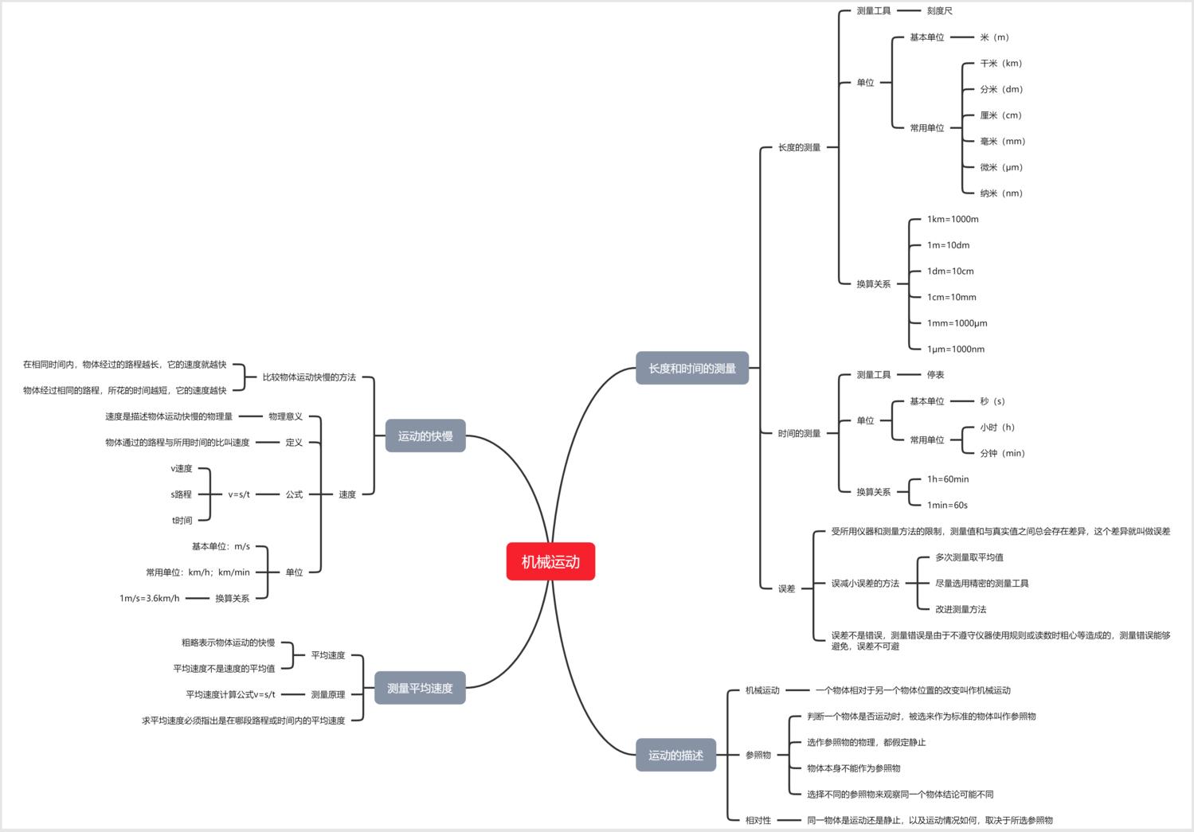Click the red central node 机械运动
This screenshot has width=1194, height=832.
pyautogui.click(x=550, y=561)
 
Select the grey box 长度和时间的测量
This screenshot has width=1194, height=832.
pyautogui.click(x=692, y=368)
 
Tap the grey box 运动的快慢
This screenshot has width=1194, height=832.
pyautogui.click(x=425, y=436)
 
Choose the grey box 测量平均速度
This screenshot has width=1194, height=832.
pyautogui.click(x=420, y=688)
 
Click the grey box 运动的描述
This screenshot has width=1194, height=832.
pyautogui.click(x=676, y=755)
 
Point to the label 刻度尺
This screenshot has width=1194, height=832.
pyautogui.click(x=940, y=10)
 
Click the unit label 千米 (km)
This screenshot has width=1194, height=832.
pyautogui.click(x=1001, y=64)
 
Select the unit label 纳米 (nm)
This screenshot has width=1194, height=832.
pyautogui.click(x=1001, y=193)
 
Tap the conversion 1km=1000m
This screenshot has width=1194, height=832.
pyautogui.click(x=953, y=219)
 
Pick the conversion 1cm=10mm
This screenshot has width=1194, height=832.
pyautogui.click(x=952, y=297)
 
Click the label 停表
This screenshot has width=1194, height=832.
pyautogui.click(x=935, y=374)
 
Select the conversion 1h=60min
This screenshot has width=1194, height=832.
pyautogui.click(x=948, y=478)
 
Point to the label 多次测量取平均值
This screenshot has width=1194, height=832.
pyautogui.click(x=969, y=557)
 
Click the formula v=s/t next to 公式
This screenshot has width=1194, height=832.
pyautogui.click(x=239, y=494)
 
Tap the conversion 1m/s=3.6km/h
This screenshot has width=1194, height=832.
pyautogui.click(x=149, y=598)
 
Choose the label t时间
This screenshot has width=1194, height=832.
pyautogui.click(x=182, y=521)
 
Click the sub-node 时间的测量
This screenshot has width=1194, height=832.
pyautogui.click(x=799, y=433)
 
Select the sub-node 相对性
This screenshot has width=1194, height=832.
pyautogui.click(x=758, y=820)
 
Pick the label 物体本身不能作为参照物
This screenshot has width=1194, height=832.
pyautogui.click(x=853, y=768)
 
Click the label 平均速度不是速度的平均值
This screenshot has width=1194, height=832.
pyautogui.click(x=224, y=669)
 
